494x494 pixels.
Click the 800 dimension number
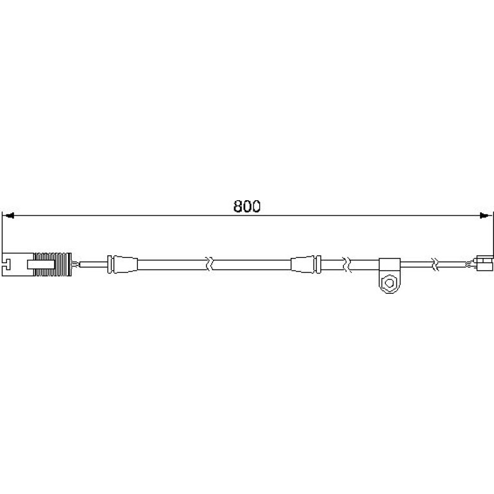click(x=247, y=207)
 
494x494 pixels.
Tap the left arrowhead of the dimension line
click(x=8, y=216)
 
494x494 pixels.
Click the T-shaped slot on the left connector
click(x=7, y=264)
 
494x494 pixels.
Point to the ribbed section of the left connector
click(x=53, y=264)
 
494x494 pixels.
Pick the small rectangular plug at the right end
click(x=484, y=264)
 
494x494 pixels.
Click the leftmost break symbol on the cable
click(x=209, y=264)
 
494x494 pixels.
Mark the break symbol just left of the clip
click(x=346, y=264)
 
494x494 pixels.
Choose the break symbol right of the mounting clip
click(x=435, y=264)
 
